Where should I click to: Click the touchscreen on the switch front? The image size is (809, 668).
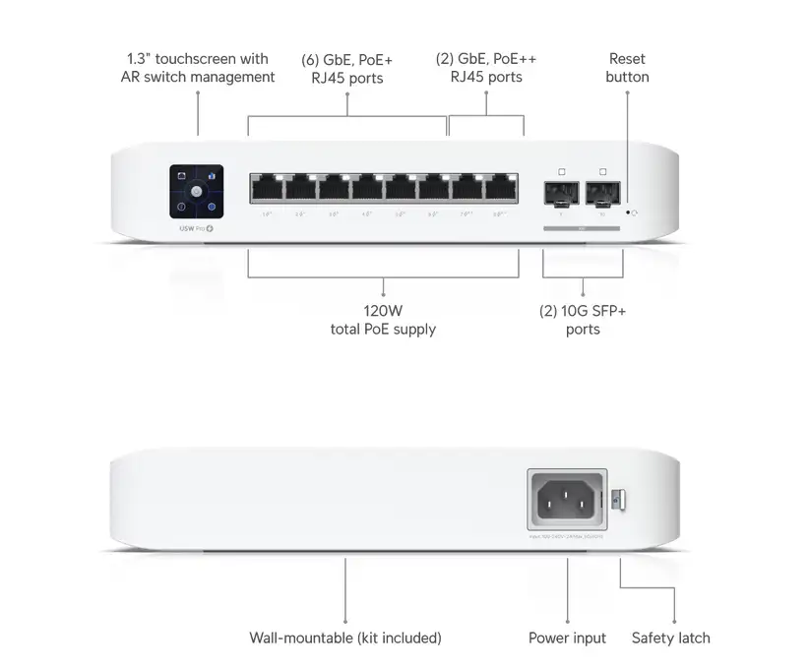tap(197, 191)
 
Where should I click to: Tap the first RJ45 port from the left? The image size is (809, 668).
tap(266, 188)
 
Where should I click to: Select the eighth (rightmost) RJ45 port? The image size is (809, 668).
tap(502, 188)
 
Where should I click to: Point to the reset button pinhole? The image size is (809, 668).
tap(627, 212)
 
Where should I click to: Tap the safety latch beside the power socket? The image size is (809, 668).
tap(617, 499)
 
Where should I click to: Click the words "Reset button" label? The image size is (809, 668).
tap(627, 68)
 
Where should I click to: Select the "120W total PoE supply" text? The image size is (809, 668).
tap(383, 320)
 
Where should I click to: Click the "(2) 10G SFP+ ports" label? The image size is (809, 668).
tap(583, 320)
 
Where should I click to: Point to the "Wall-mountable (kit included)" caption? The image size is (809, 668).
tap(345, 638)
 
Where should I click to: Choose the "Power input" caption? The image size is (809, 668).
tap(567, 638)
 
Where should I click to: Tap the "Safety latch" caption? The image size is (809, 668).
tap(670, 638)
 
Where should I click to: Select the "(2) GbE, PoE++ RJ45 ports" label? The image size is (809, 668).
tap(486, 68)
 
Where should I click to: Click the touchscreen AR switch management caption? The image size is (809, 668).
tap(198, 68)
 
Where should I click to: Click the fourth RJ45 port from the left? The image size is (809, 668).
tap(367, 188)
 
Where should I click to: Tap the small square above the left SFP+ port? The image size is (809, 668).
tap(561, 171)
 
